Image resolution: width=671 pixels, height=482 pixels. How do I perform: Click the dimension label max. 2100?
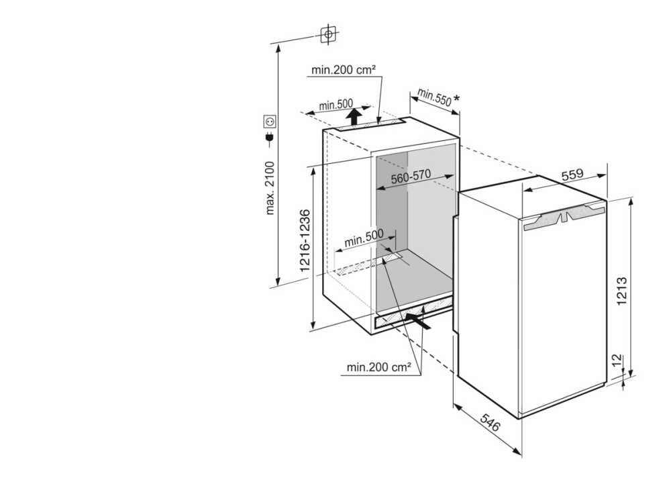tap(271, 189)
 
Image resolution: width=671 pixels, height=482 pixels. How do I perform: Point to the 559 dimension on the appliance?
tap(572, 175)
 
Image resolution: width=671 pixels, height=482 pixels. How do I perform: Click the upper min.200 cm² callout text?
tap(343, 69)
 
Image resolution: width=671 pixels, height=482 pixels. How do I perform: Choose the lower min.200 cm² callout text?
tap(379, 367)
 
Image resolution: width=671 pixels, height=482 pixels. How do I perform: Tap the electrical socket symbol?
tap(270, 122)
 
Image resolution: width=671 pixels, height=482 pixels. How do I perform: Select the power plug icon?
tap(270, 139)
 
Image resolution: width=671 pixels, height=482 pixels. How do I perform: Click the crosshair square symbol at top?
tap(327, 32)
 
